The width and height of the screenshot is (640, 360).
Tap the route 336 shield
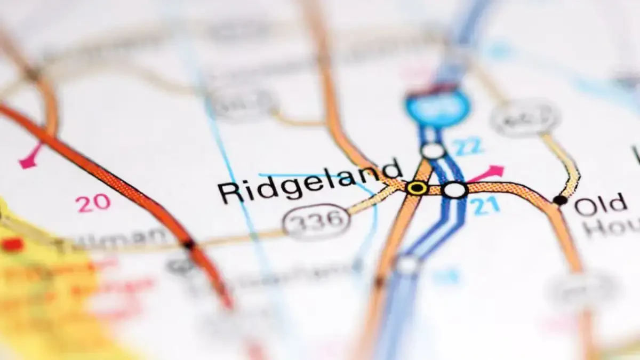point(316,221)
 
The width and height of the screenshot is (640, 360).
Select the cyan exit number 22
point(469,146)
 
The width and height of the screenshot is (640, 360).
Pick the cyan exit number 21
point(486,206)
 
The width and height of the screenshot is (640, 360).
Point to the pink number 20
point(93,202)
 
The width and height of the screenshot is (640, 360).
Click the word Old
point(601,204)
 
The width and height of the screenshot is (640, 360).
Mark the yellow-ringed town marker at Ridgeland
point(417,188)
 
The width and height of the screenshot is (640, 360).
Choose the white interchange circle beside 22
point(433,151)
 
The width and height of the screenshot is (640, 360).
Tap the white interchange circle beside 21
point(455,190)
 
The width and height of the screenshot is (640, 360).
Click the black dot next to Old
point(560,200)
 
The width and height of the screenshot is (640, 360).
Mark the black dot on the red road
point(188,245)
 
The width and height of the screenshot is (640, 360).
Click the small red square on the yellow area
point(12,245)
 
